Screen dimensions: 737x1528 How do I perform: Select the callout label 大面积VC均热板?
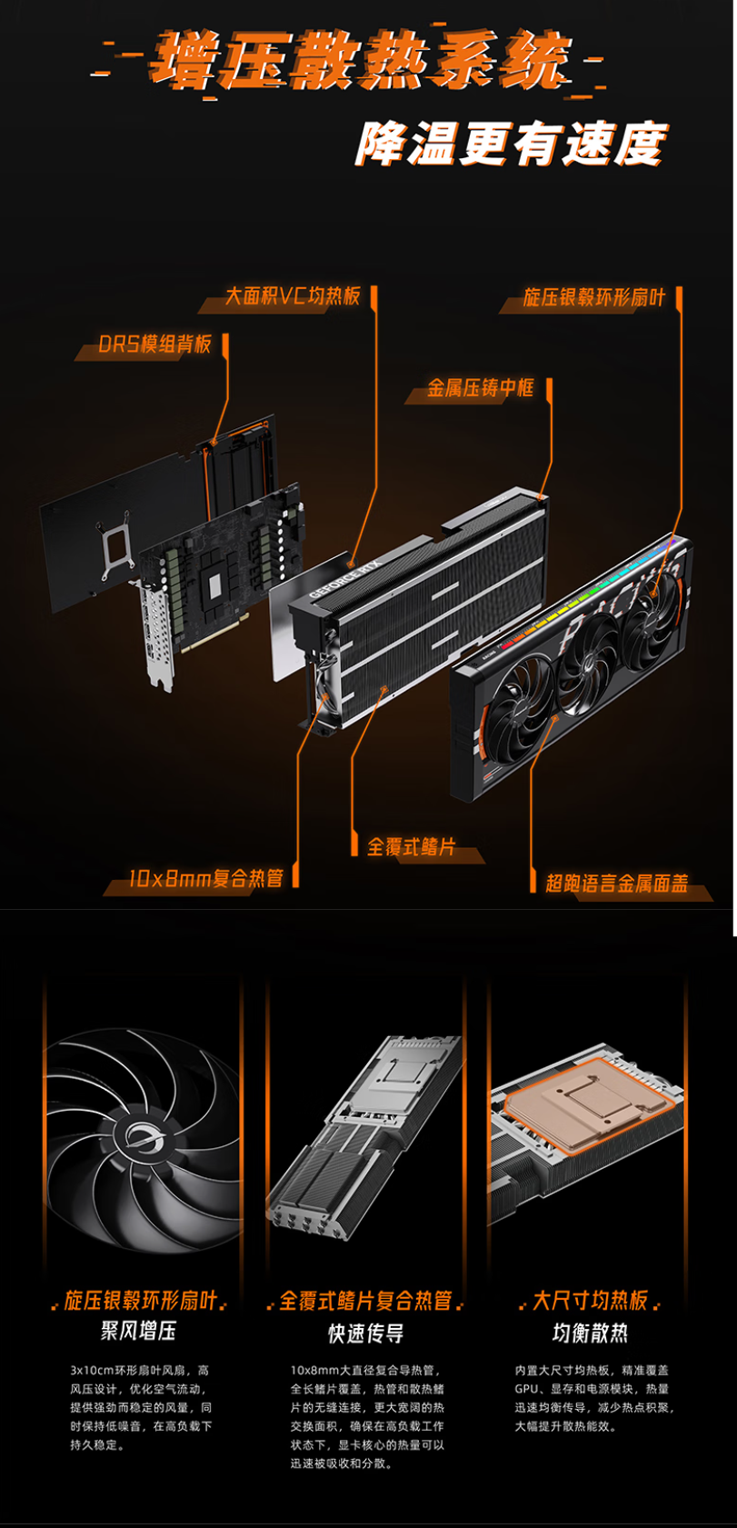293,295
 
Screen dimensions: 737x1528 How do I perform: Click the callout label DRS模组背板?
154,343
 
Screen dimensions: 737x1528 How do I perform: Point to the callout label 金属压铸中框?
480,387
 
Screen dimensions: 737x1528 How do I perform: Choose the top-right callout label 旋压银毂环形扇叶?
593,296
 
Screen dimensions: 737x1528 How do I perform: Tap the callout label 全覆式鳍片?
411,846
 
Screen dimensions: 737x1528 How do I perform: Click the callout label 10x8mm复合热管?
206,877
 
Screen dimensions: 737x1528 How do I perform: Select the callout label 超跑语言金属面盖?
616,883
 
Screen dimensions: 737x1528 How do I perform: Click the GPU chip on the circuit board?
215,581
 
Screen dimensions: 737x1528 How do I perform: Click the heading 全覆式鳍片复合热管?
366,1301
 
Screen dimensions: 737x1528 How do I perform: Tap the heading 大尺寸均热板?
590,1300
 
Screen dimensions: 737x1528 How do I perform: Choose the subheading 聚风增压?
138,1330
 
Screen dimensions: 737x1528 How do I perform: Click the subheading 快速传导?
366,1333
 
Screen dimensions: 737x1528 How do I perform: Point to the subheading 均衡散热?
590,1333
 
